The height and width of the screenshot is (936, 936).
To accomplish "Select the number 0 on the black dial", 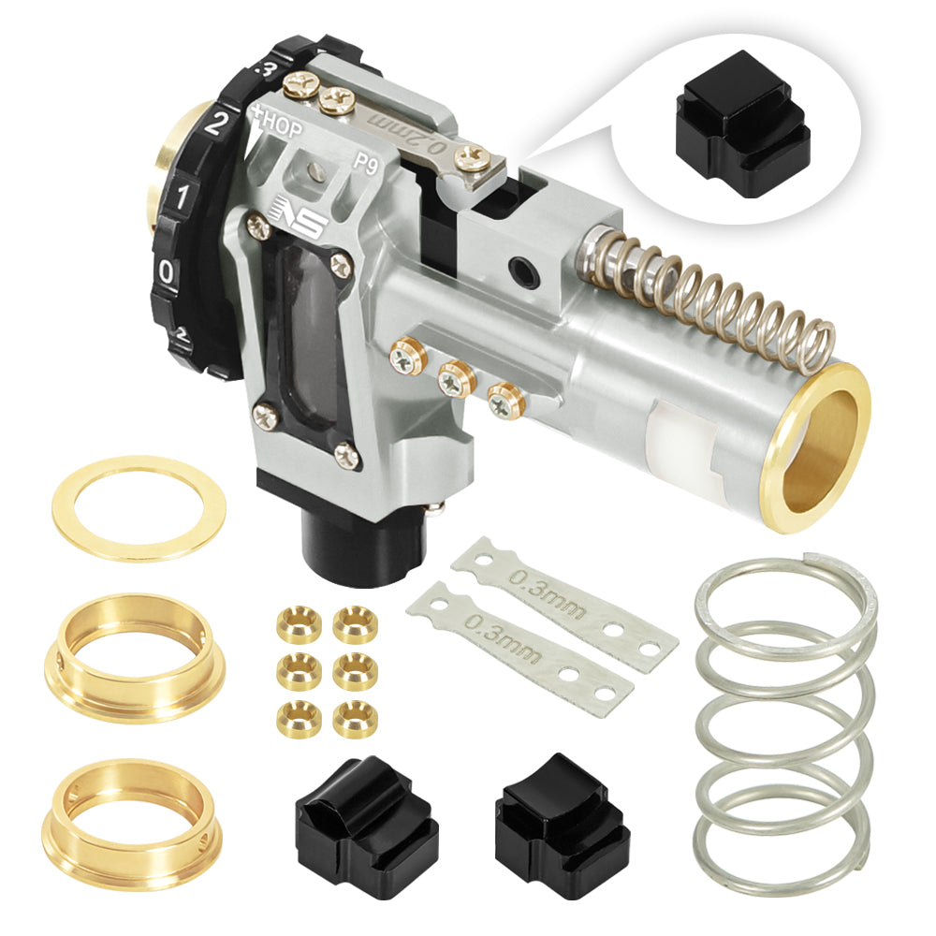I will pos(167,272).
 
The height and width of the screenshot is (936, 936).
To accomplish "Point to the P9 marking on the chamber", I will pos(367,159).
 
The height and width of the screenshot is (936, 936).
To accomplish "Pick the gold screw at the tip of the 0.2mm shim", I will pos(475,160).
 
